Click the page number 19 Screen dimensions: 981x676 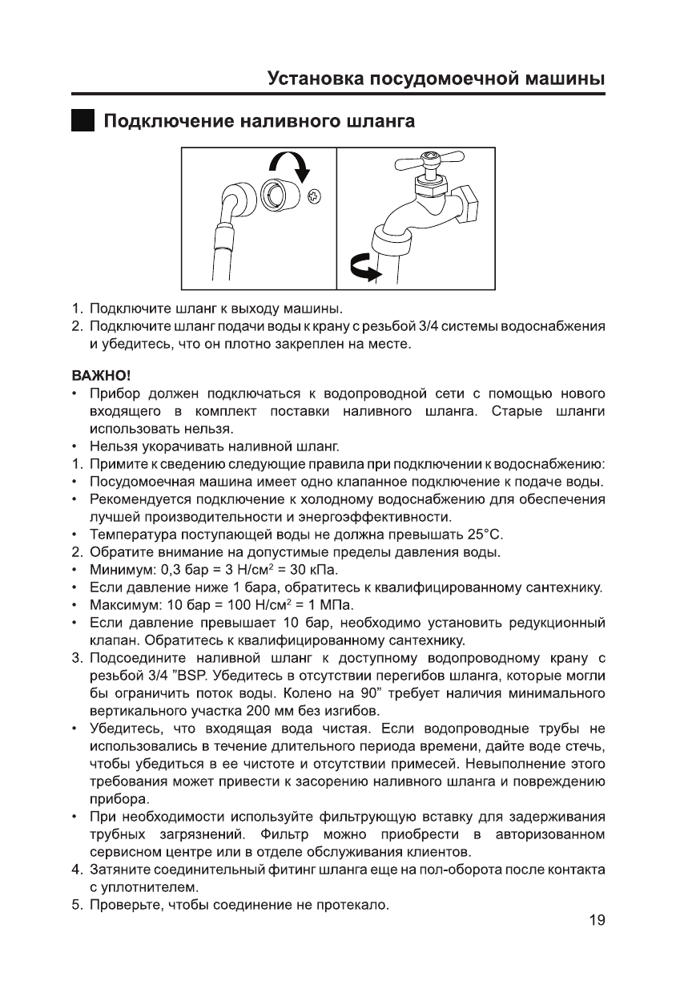pos(596,920)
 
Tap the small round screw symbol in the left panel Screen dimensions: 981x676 pos(314,195)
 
